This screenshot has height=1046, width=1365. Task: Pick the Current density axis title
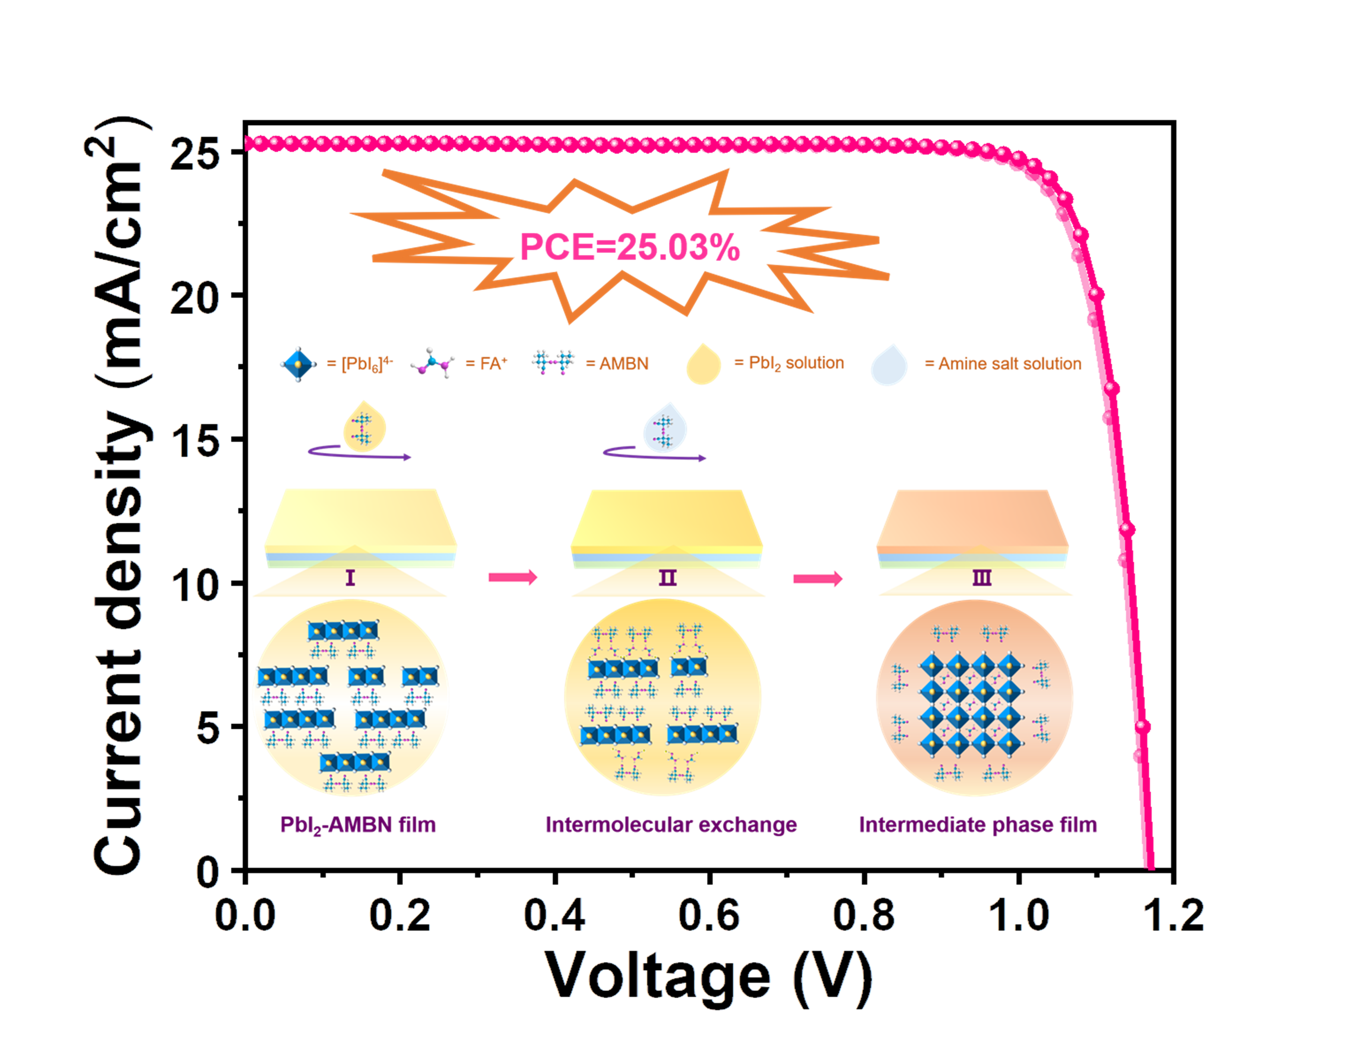pos(118,495)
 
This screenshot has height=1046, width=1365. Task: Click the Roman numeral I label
pos(350,578)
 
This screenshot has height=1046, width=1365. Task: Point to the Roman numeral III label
pos(982,578)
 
